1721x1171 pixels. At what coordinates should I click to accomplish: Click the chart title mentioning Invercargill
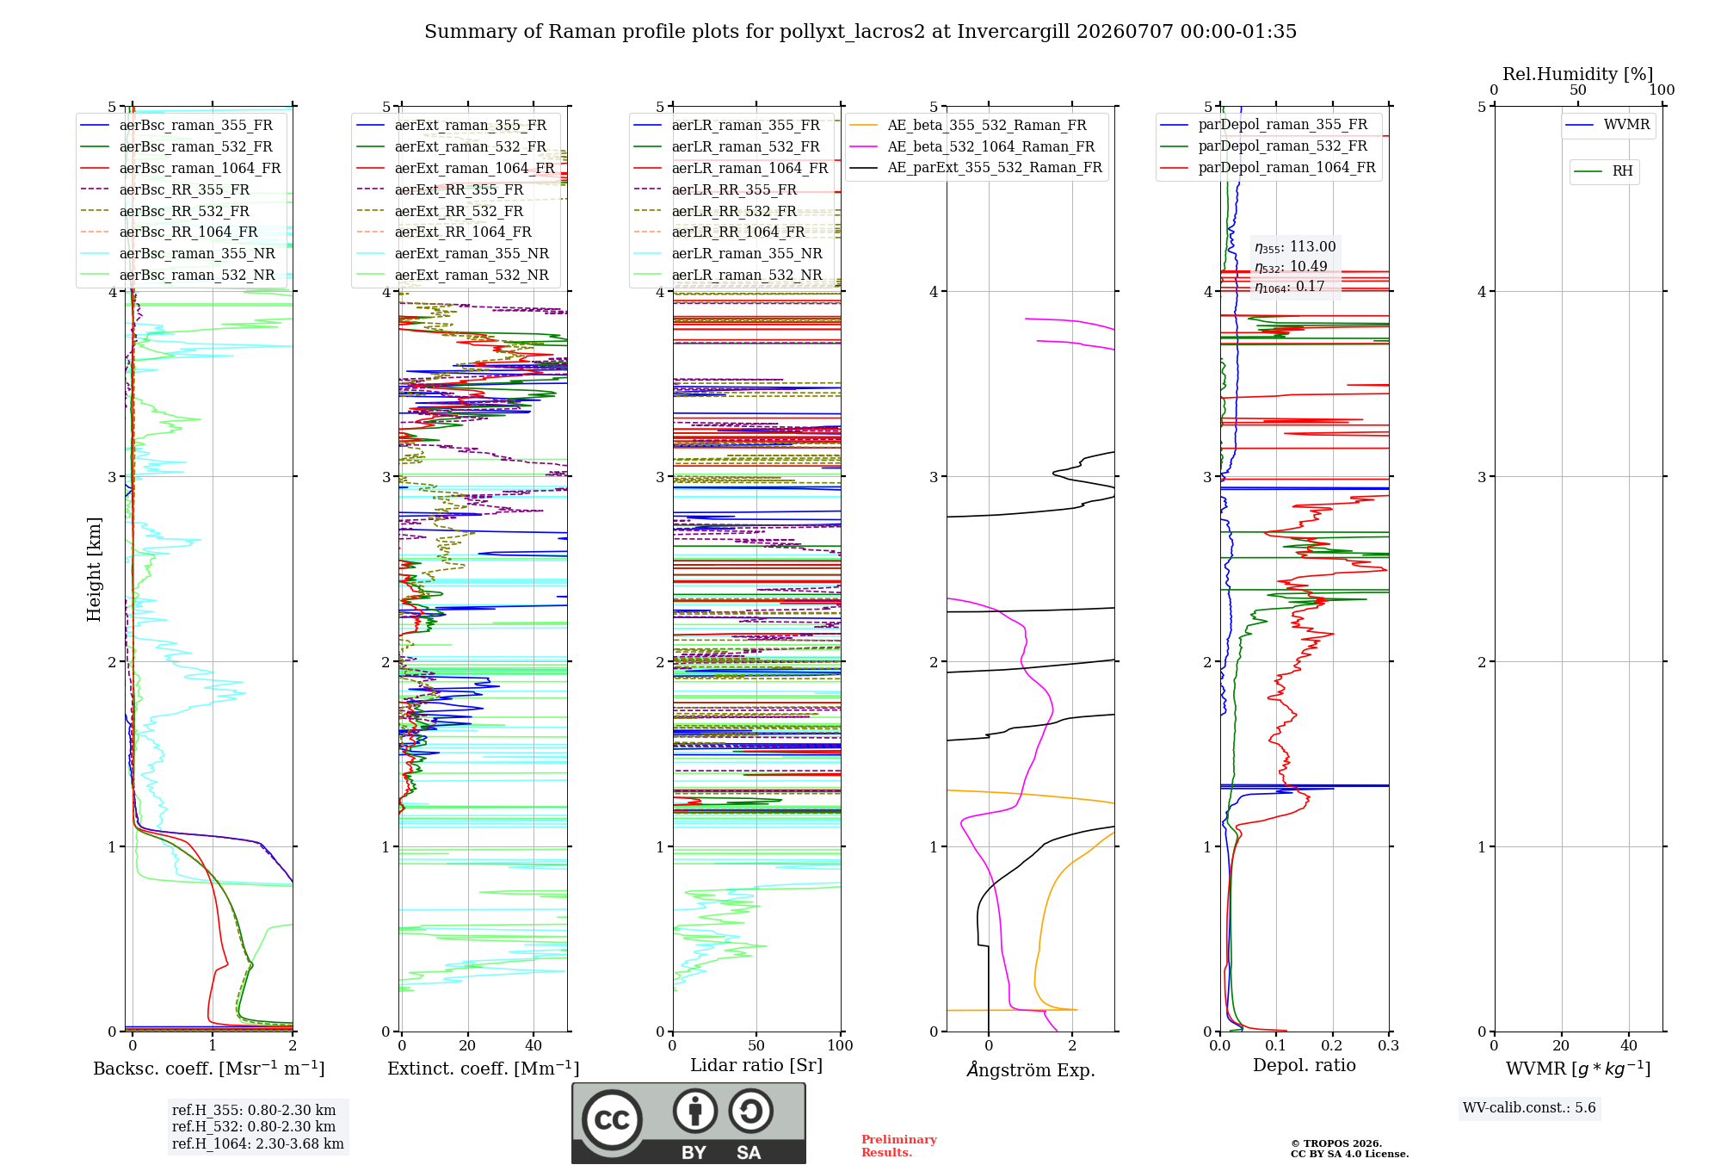(860, 32)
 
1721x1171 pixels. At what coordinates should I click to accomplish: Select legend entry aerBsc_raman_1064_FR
(181, 168)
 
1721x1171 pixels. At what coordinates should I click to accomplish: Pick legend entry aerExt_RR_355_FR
(440, 189)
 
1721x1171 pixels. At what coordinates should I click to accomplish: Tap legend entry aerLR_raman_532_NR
(728, 275)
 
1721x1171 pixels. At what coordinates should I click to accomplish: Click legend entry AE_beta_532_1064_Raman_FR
(972, 146)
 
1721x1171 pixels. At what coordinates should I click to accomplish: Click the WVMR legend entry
(1608, 125)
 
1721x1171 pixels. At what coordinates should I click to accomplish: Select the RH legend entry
(1604, 171)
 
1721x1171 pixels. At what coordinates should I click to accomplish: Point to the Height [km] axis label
(94, 569)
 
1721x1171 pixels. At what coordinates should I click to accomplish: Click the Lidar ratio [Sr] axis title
(756, 1065)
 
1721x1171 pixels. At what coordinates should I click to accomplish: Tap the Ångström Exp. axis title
(1031, 1069)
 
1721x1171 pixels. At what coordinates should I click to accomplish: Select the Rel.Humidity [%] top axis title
(1578, 74)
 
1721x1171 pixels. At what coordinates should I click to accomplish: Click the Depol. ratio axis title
(1305, 1065)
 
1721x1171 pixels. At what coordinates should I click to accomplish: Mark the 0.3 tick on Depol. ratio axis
(1388, 1045)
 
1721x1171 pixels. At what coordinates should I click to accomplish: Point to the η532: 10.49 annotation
(1291, 267)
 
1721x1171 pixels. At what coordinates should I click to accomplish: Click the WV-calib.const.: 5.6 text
(1529, 1108)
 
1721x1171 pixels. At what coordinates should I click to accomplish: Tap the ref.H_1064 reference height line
(257, 1143)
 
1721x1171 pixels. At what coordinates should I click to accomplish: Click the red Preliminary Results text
(899, 1146)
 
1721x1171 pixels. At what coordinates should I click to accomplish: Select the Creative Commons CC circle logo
(612, 1119)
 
